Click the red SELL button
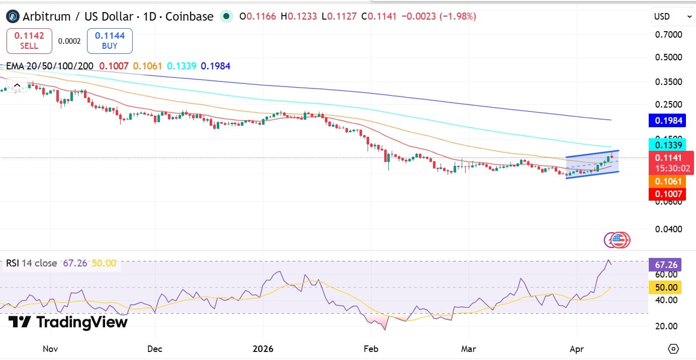pos(29,41)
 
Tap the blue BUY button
pos(110,41)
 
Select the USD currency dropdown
pos(673,17)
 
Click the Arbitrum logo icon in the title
pos(13,17)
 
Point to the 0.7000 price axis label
pos(668,35)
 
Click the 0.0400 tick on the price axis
pos(668,229)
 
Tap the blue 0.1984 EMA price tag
pos(668,120)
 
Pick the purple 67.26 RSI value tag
pos(666,264)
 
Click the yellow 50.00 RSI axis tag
pos(666,288)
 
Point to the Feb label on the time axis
pos(371,348)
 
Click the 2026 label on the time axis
pos(263,348)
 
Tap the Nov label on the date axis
pos(50,348)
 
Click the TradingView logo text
pos(68,322)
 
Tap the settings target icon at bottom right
pos(674,348)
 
